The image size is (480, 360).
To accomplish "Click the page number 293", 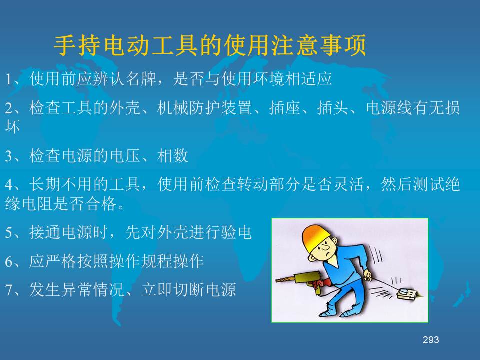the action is pos(430,340).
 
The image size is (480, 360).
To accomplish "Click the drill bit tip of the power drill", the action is pos(277,280).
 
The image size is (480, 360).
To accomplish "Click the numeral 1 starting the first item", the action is pos(9,80).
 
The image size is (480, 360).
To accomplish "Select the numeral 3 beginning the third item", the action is pos(9,156).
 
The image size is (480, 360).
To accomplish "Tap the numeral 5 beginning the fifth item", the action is pos(9,233).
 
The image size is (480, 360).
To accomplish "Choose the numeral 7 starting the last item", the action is pos(9,290).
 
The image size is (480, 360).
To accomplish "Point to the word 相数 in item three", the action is pos(173,155).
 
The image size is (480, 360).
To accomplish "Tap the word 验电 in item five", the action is pos(236,232).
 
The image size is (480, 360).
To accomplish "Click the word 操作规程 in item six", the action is pos(141,261).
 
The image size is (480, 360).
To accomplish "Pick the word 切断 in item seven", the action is pos(189,289).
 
